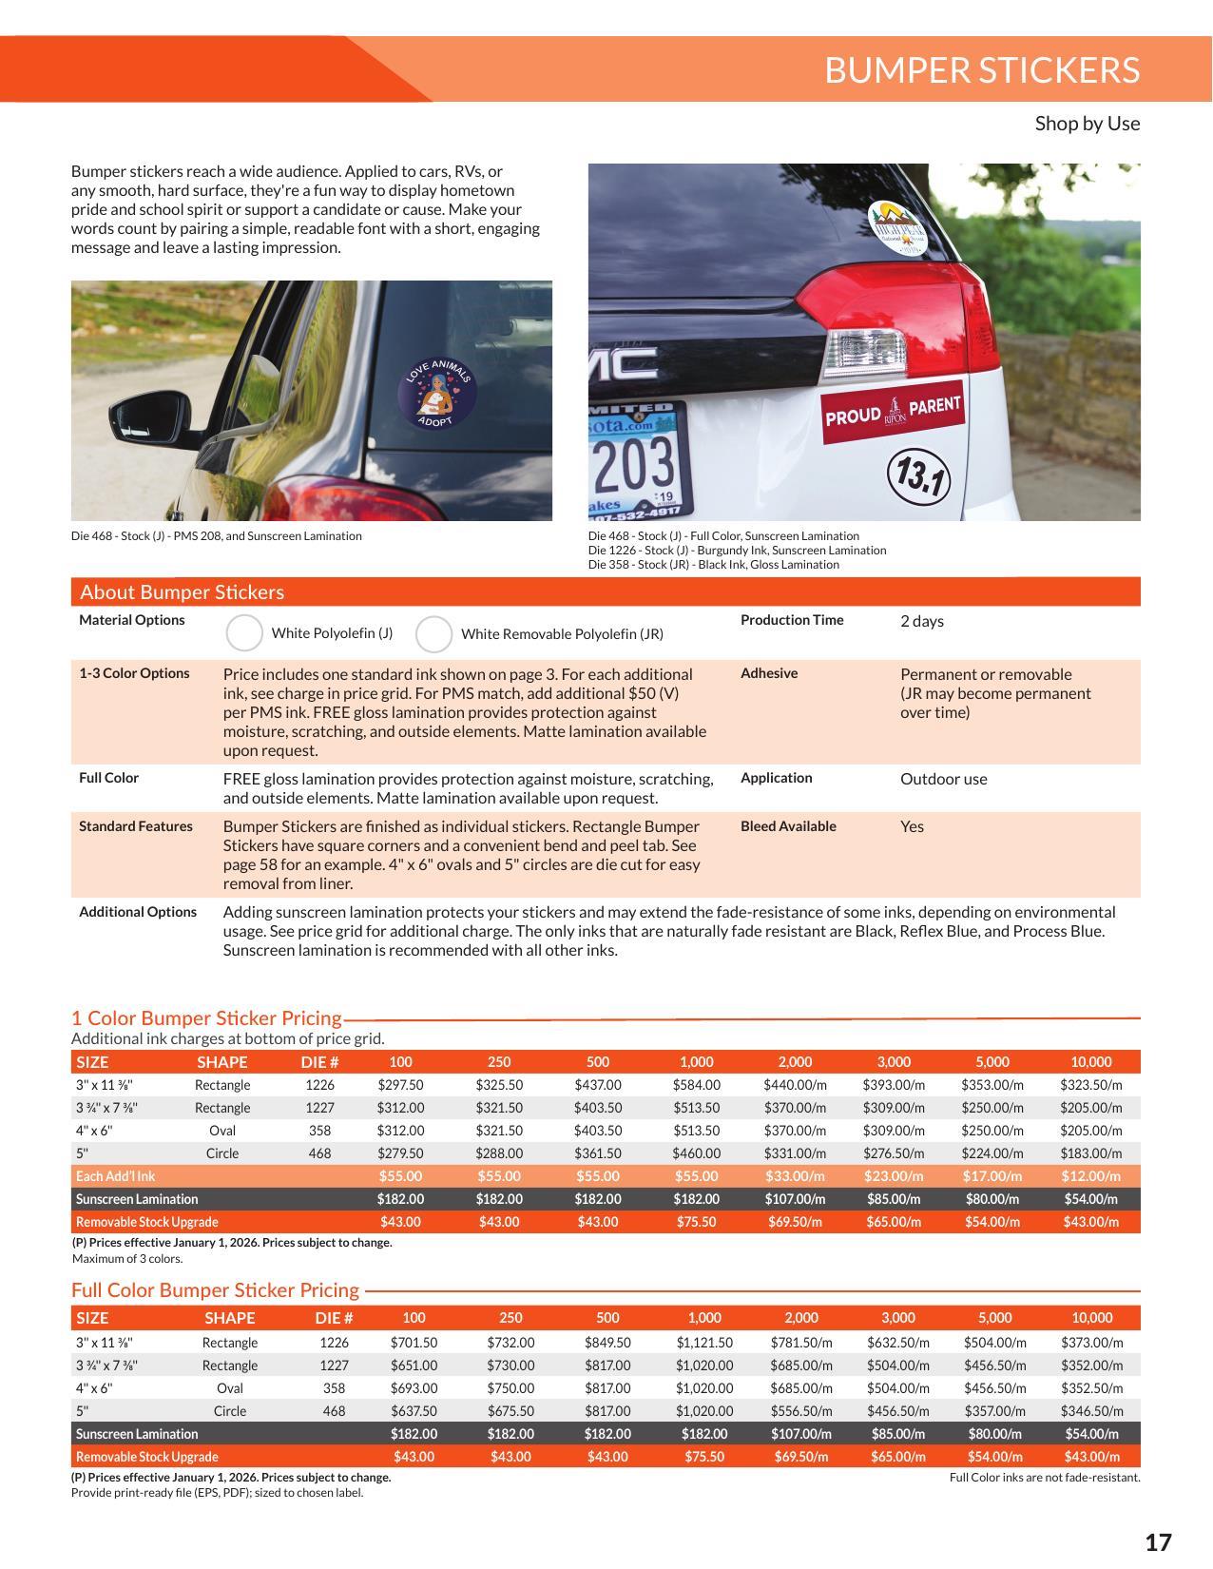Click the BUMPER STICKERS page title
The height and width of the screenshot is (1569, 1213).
981,70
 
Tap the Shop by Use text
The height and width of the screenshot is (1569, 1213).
1087,124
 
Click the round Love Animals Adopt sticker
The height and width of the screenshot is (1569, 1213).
435,393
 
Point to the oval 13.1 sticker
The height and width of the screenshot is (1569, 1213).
919,475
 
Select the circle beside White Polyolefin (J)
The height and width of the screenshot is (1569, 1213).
244,633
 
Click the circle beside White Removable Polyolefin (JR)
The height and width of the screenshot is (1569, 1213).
433,634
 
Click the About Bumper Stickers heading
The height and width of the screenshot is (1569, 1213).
182,592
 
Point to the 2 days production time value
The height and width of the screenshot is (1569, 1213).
921,621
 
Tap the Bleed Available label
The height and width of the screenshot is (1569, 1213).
788,826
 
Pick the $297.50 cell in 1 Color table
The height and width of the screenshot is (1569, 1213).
400,1085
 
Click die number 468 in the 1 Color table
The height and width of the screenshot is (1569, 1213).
319,1153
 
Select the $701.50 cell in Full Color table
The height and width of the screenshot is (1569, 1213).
414,1343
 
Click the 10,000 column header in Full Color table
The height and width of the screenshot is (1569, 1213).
1091,1318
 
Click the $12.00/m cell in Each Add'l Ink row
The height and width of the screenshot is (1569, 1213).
1090,1176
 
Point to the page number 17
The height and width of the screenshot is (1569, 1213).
1157,1541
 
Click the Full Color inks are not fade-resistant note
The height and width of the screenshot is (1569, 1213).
1044,1478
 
